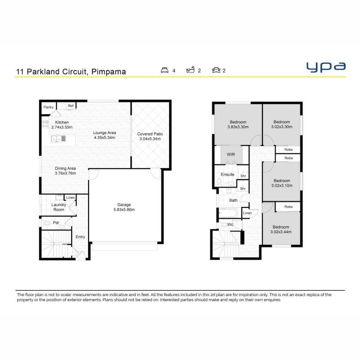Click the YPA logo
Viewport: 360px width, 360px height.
(326, 67)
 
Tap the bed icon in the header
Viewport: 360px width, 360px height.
(165, 70)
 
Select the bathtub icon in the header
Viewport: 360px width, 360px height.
(190, 70)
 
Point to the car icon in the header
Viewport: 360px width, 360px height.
(216, 70)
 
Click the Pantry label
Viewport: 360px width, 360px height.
(49, 107)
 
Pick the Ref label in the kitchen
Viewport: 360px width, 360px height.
(71, 106)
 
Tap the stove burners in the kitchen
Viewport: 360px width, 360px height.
(45, 124)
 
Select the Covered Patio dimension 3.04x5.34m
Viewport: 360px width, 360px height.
(150, 139)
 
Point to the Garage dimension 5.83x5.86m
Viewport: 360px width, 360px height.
(124, 210)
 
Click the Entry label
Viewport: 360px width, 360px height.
(81, 237)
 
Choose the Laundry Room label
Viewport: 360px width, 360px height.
(59, 207)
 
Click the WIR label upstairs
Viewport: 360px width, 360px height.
(231, 154)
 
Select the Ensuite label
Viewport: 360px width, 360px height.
(228, 175)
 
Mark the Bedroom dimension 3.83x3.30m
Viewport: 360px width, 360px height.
(238, 127)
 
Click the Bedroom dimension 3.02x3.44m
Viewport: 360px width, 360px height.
(281, 232)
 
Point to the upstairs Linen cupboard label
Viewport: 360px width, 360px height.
(247, 213)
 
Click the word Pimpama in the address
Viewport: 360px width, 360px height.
(108, 72)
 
